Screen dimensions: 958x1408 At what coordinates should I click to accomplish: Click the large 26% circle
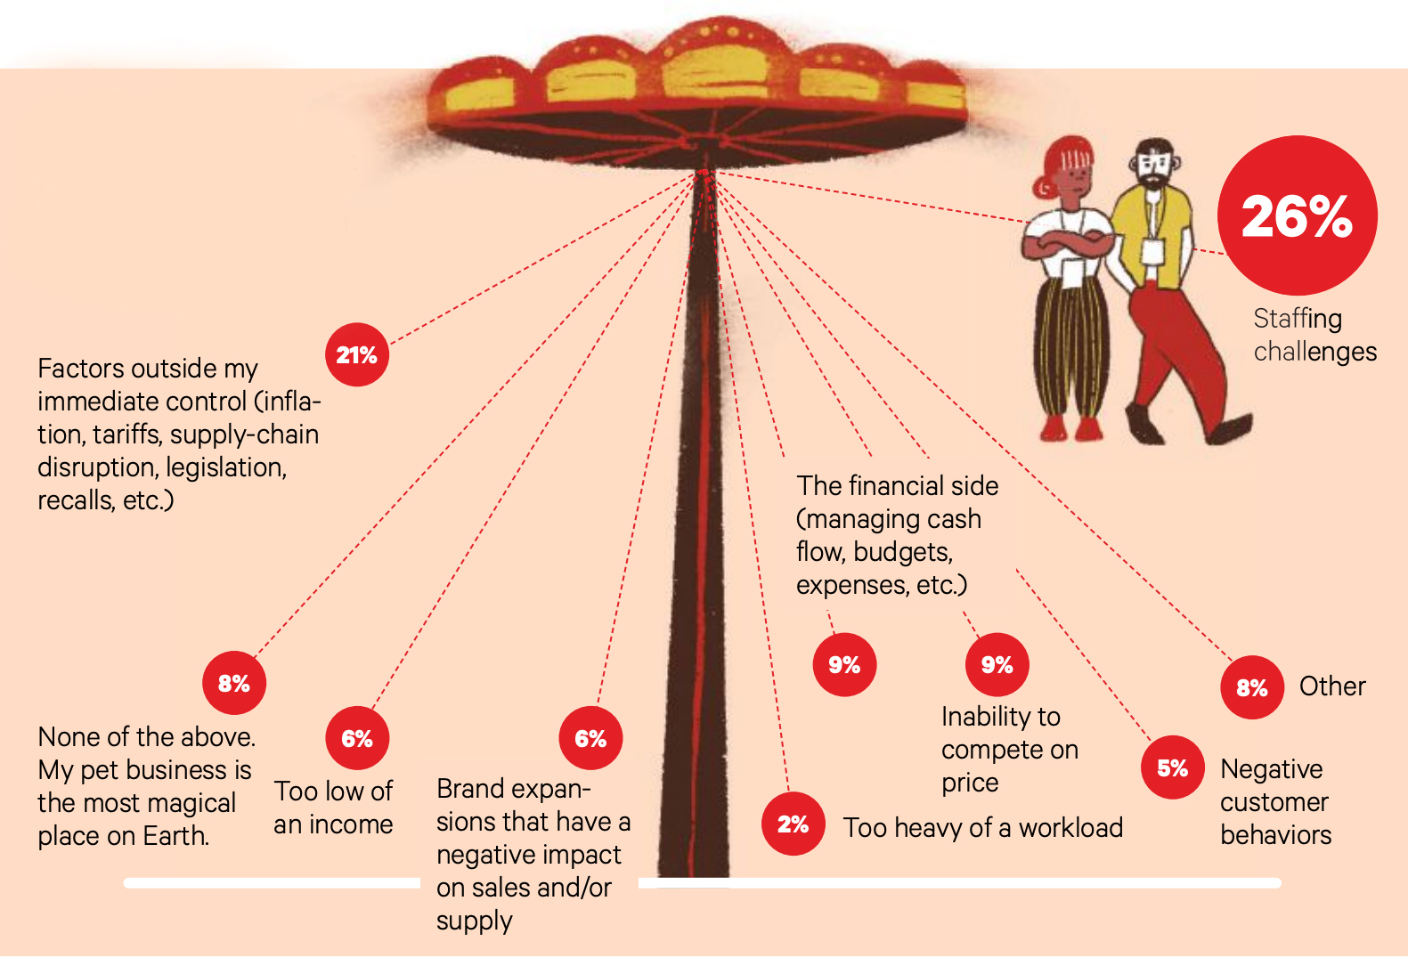[x=1297, y=215]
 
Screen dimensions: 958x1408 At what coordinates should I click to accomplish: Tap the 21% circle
[x=357, y=354]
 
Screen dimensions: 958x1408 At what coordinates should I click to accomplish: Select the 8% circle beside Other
[x=1252, y=687]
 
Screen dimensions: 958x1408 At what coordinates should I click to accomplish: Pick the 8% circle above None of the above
[x=234, y=683]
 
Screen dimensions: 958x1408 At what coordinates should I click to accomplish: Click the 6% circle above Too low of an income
[x=357, y=738]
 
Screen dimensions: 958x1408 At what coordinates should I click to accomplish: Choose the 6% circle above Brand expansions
[x=590, y=738]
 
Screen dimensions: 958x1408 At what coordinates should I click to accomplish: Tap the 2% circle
[x=793, y=824]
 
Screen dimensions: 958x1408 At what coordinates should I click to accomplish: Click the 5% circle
[x=1173, y=767]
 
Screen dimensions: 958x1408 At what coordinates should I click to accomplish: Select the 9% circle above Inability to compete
[x=997, y=664]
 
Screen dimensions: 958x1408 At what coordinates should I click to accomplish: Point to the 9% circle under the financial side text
[x=844, y=664]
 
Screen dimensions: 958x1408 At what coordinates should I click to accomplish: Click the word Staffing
[x=1297, y=319]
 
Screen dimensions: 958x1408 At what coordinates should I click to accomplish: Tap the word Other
[x=1331, y=686]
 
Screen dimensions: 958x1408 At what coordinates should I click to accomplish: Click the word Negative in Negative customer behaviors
[x=1271, y=769]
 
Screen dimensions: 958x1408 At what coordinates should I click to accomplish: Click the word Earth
[x=179, y=836]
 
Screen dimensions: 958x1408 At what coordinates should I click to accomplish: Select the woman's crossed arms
[x=1069, y=244]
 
